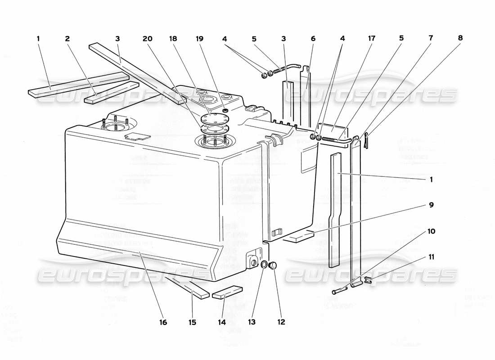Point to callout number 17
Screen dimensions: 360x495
click(372, 39)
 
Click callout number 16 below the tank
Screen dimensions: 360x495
click(163, 322)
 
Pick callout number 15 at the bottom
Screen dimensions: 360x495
click(193, 322)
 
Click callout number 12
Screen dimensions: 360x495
click(282, 322)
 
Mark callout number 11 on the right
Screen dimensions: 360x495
click(431, 257)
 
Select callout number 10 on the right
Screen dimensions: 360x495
click(431, 231)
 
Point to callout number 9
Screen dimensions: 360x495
click(431, 205)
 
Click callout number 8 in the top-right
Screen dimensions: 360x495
click(460, 39)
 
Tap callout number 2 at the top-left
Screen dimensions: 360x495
click(67, 39)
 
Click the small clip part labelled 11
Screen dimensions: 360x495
click(368, 280)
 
